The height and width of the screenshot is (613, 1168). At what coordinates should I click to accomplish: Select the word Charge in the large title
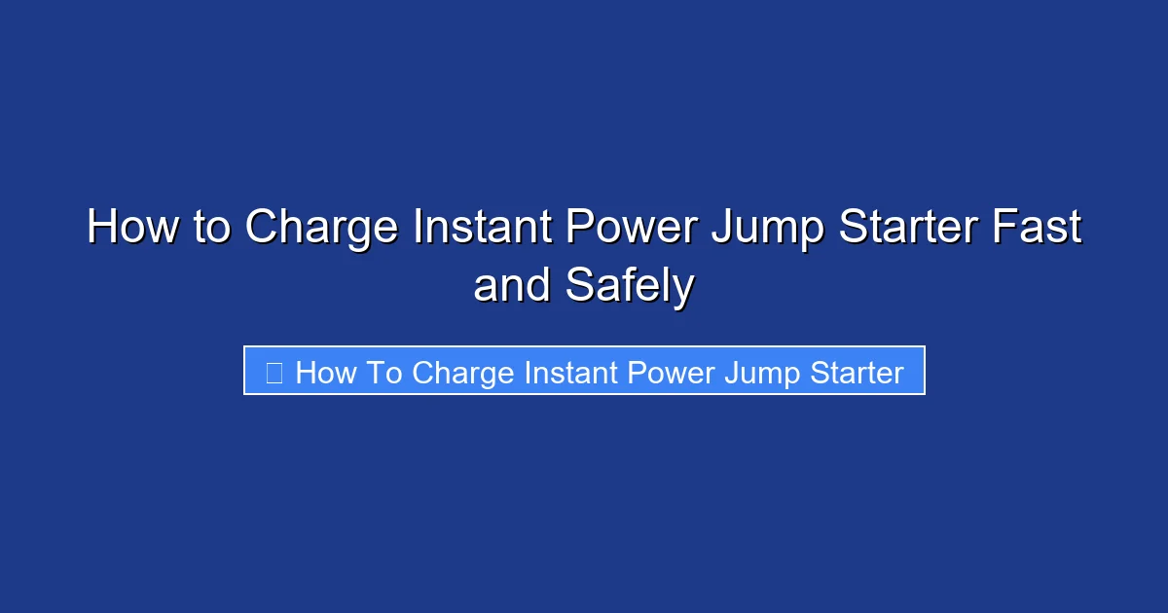[x=321, y=229]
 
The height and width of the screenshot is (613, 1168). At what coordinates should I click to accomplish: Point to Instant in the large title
[x=475, y=229]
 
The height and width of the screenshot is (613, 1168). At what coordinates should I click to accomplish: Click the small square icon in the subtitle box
[x=274, y=373]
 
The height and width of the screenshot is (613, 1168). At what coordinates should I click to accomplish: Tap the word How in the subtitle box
[x=326, y=373]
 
